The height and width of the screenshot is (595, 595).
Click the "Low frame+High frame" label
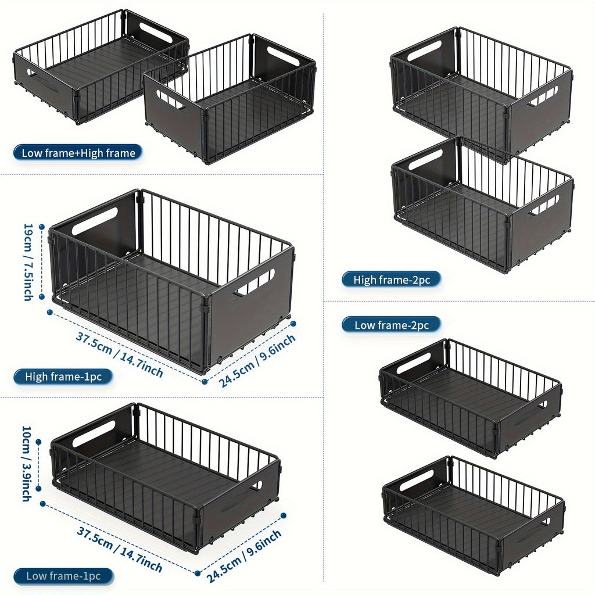[78, 153]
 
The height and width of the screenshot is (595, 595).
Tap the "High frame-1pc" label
[63, 377]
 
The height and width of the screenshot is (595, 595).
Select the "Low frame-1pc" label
[63, 576]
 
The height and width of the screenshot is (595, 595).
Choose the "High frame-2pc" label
[391, 280]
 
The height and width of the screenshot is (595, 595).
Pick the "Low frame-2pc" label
[391, 325]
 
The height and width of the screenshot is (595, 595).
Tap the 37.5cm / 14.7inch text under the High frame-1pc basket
[119, 354]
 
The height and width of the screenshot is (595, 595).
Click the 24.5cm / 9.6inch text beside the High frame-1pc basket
[257, 360]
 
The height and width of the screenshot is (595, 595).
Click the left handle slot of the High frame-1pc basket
[95, 221]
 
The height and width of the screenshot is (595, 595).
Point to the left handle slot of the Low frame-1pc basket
[94, 433]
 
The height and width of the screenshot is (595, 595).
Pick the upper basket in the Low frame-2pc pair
[471, 398]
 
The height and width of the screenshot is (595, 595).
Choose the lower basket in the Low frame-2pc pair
[473, 514]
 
